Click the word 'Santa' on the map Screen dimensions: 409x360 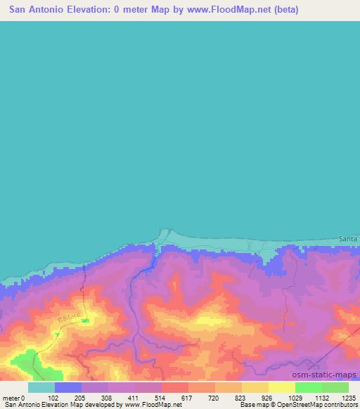tap(347, 240)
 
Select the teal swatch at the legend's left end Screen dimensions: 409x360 tap(41, 387)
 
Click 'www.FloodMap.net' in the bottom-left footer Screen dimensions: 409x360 tap(152, 405)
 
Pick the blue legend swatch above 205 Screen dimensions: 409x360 tap(68, 387)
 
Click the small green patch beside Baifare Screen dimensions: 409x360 tap(84, 320)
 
